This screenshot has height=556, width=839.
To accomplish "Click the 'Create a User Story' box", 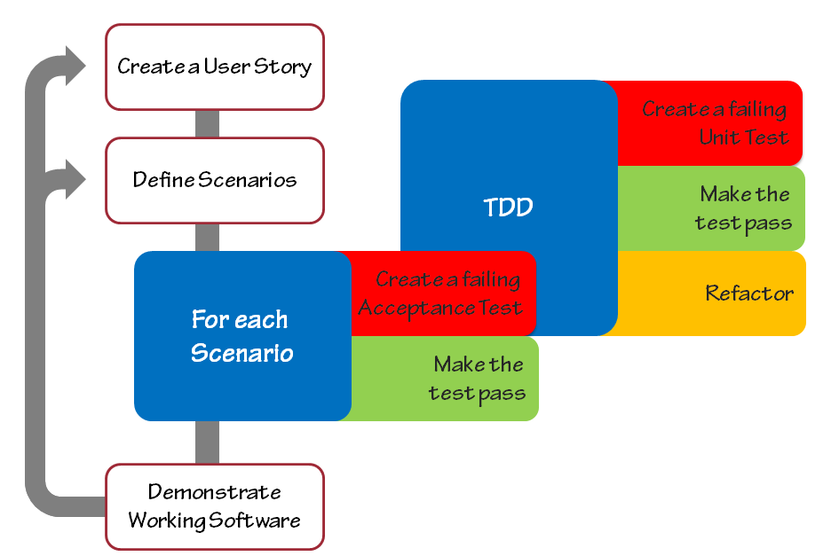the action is [x=215, y=67].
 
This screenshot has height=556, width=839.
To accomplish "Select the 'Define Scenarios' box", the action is [x=215, y=180].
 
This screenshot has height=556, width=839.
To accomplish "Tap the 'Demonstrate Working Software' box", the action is [x=215, y=506].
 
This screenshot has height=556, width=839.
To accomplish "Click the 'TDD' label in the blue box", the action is [x=509, y=208].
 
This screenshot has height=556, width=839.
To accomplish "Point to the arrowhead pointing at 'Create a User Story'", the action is [x=75, y=66].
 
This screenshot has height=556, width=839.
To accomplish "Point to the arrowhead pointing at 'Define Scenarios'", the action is [x=75, y=179].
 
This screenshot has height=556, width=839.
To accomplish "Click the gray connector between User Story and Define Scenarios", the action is [x=207, y=124].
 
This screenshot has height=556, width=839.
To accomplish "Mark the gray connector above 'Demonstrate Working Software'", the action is [x=207, y=442].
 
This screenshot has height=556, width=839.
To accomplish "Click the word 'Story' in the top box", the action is [x=282, y=67].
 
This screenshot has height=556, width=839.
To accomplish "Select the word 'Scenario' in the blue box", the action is [x=242, y=353].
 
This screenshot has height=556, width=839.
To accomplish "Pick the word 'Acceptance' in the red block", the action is [x=416, y=309].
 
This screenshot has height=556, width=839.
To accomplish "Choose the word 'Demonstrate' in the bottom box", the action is [x=215, y=492].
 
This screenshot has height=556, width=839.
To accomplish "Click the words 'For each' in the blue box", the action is [x=240, y=320].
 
